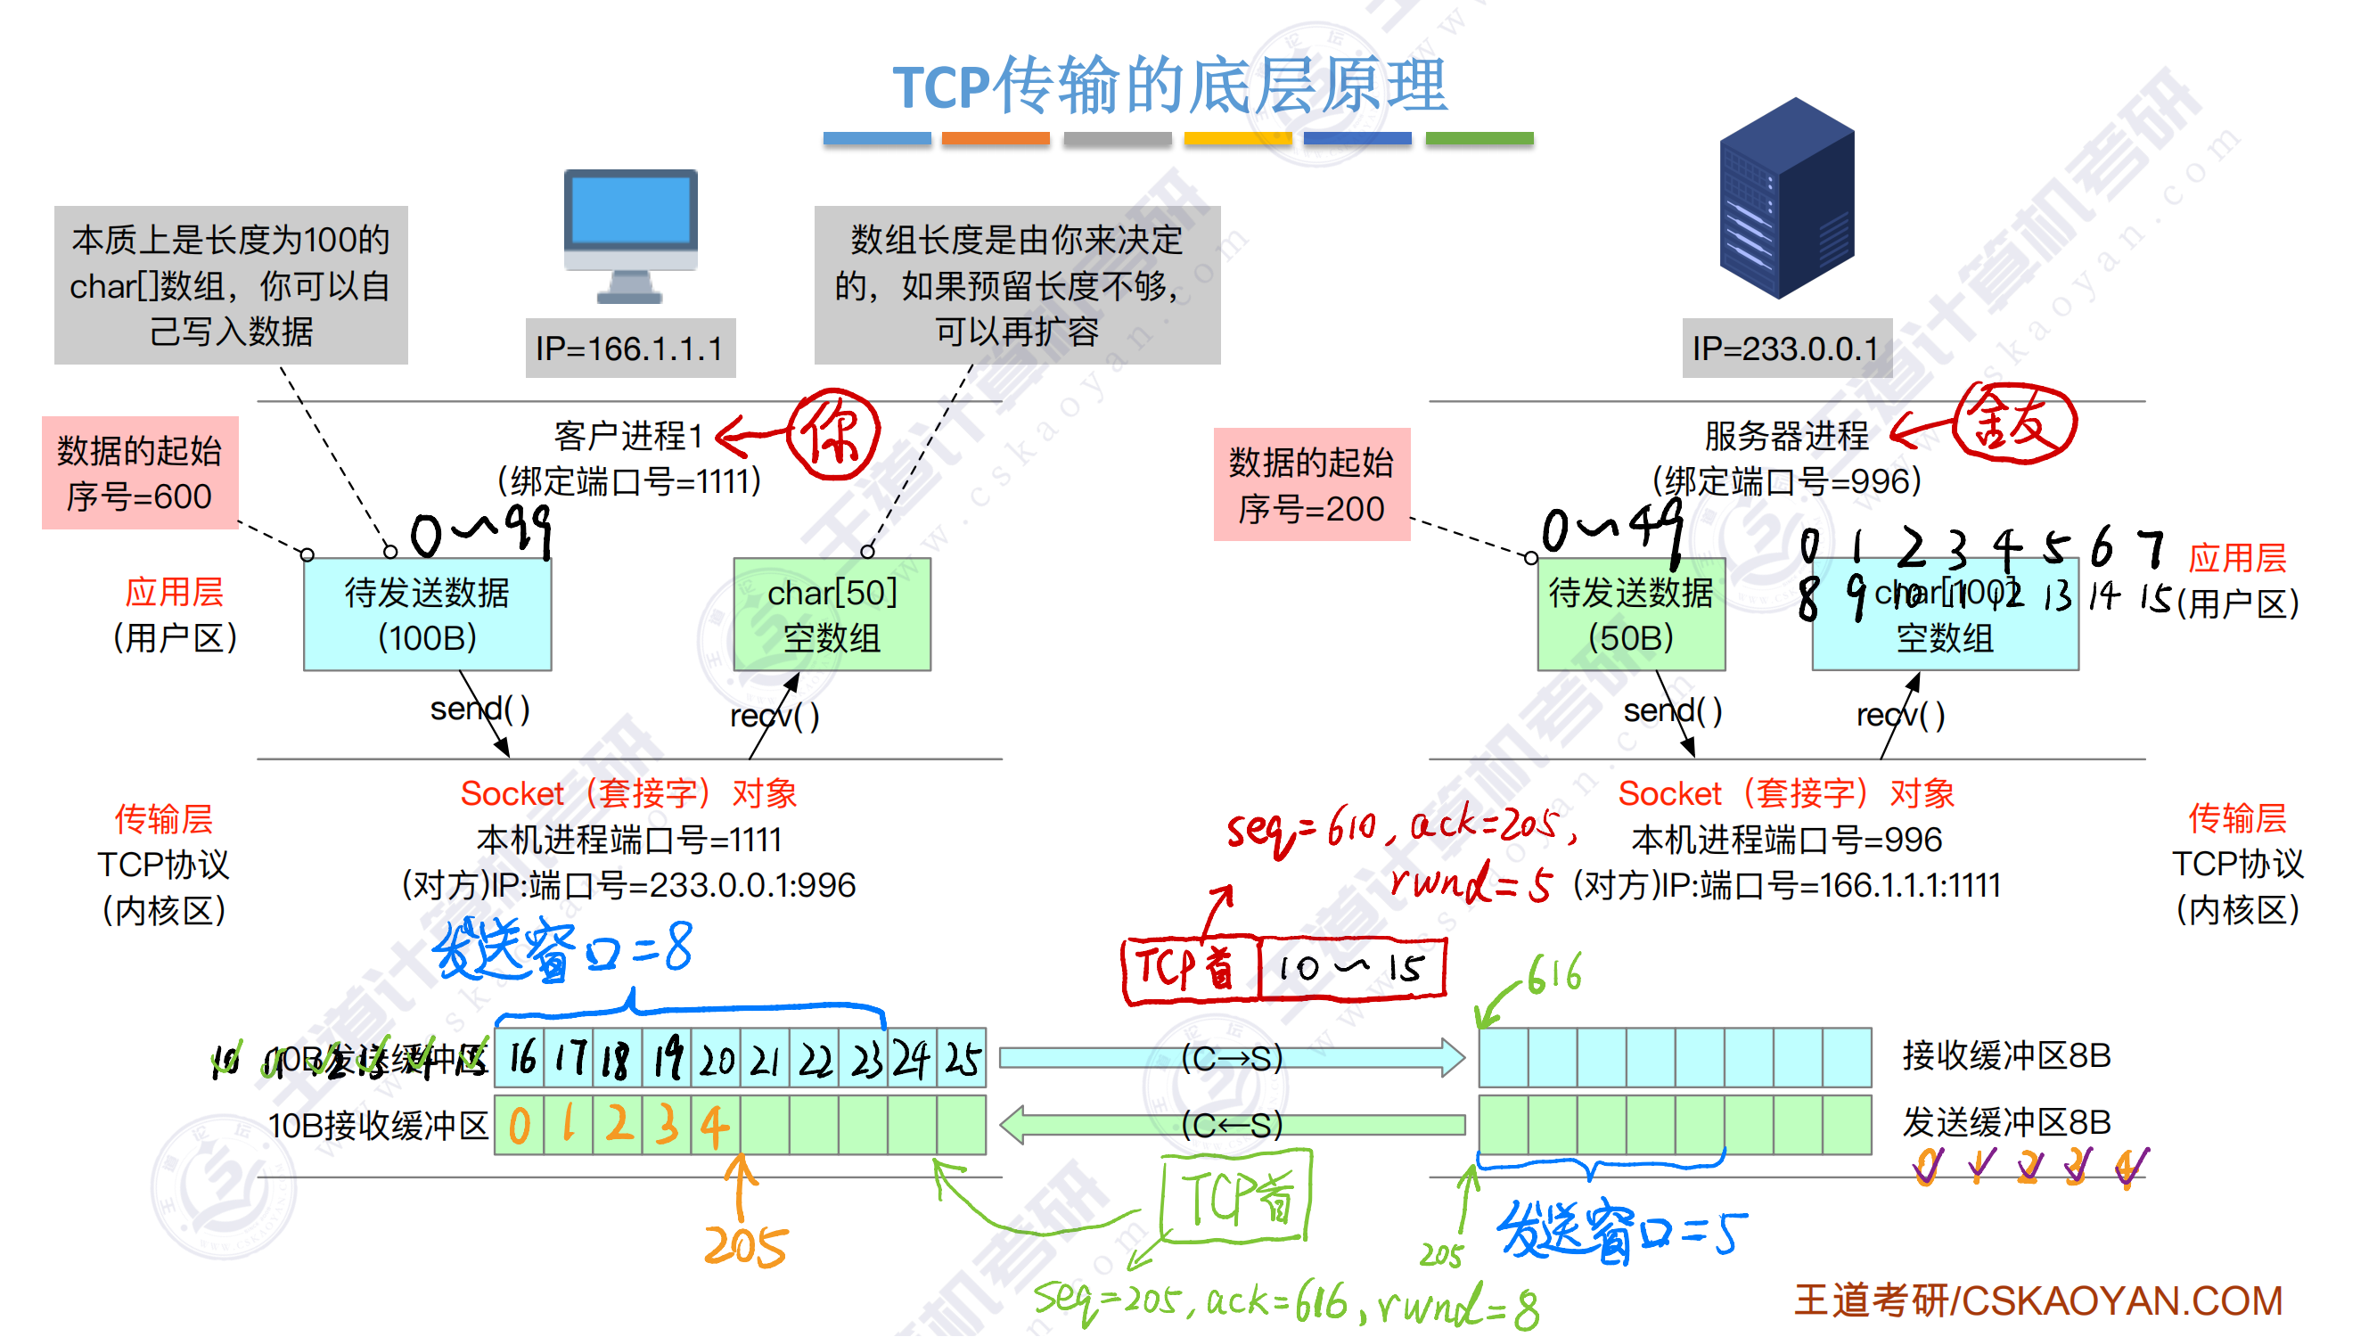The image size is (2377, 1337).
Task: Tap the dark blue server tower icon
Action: coord(1786,198)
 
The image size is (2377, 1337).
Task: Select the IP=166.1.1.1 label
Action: coord(630,349)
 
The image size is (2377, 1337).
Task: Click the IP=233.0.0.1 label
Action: coord(1785,349)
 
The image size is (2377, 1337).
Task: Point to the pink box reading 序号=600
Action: coord(139,473)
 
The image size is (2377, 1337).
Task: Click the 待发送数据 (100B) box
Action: coord(427,614)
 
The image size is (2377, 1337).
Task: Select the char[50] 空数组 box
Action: coord(832,614)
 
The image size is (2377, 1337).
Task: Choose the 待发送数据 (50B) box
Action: coord(1630,614)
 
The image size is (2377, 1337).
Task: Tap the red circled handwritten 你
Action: coord(832,435)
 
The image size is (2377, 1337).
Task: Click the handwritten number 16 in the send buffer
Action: coord(521,1059)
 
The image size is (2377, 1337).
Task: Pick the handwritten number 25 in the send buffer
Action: coord(963,1059)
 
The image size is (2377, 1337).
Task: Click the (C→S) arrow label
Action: coord(1232,1059)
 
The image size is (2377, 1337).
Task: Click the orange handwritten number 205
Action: coord(745,1247)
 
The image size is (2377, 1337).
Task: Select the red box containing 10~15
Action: coord(1352,969)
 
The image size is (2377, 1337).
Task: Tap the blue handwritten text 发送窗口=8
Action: coord(563,950)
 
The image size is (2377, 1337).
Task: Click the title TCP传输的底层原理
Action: coord(1170,85)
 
